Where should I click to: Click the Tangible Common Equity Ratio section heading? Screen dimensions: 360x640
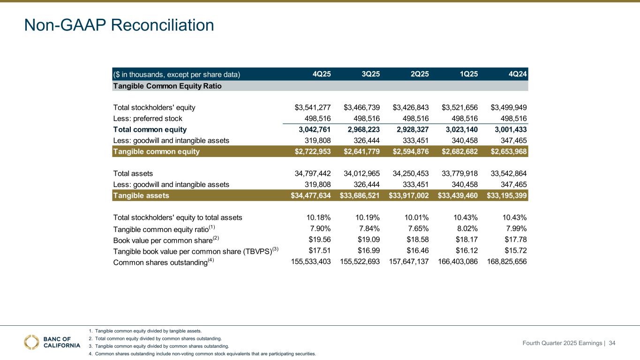pyautogui.click(x=167, y=86)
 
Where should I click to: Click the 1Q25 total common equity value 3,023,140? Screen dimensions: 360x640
pyautogui.click(x=460, y=129)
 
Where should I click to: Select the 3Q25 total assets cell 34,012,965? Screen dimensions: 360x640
pyautogui.click(x=361, y=173)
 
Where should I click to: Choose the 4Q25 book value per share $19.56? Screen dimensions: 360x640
pyautogui.click(x=320, y=240)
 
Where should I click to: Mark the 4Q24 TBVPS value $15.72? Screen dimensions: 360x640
pyautogui.click(x=516, y=251)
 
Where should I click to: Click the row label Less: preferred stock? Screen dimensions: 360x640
pyautogui.click(x=148, y=119)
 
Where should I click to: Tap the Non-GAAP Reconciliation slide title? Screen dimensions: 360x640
pyautogui.click(x=119, y=25)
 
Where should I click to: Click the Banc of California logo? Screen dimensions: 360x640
pyautogui.click(x=52, y=342)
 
